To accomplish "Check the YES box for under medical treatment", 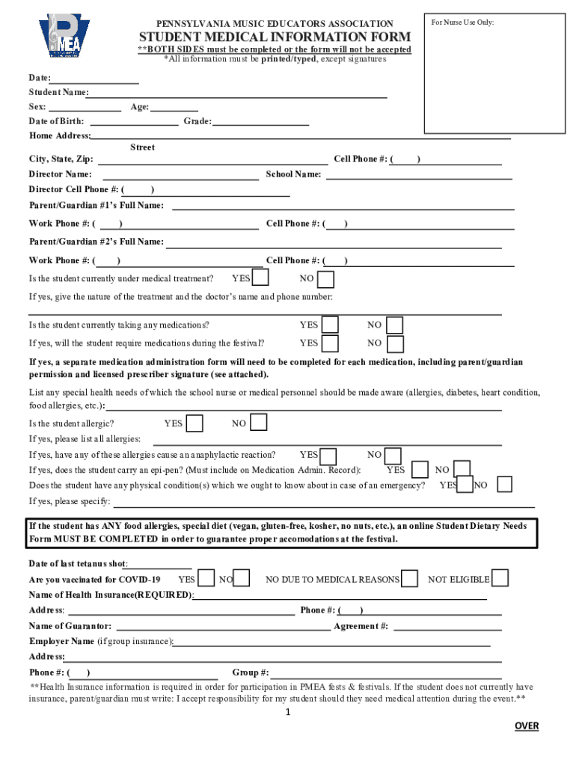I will (261, 278).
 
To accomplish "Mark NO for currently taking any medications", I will (395, 325).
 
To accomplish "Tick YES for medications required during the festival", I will (329, 343).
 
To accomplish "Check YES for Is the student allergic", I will (194, 423).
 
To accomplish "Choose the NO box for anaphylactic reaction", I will (393, 455).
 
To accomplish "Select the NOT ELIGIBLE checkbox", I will (500, 578).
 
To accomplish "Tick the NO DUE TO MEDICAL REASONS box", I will (410, 578).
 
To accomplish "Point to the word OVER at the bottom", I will (526, 726).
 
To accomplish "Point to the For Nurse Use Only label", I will (462, 22).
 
